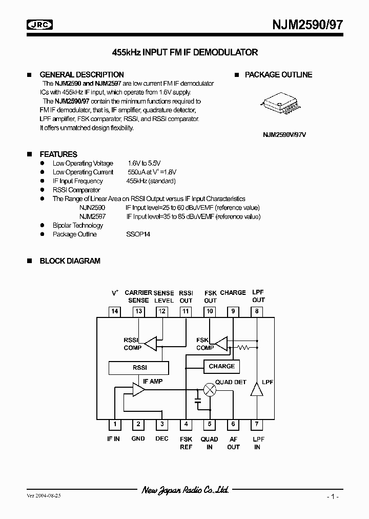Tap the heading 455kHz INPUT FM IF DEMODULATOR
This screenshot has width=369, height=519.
tap(184, 52)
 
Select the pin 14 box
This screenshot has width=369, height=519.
tap(115, 311)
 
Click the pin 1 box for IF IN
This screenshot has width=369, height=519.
tap(115, 424)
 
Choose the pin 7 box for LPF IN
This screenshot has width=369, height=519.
tap(257, 424)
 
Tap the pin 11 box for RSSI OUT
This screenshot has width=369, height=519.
tap(186, 311)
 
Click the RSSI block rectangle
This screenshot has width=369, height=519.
tap(138, 368)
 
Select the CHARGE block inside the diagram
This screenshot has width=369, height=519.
tap(222, 367)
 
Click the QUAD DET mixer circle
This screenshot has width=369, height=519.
tap(210, 390)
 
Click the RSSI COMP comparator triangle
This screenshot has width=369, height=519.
tap(150, 344)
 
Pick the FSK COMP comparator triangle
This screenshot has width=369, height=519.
tap(221, 343)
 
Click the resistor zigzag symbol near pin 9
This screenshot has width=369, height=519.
tap(242, 348)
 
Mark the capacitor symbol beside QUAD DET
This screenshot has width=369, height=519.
tap(198, 396)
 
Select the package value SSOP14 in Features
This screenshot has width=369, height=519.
tap(138, 234)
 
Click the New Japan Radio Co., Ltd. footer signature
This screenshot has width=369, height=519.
tap(185, 490)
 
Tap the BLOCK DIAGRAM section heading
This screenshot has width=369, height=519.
tap(70, 261)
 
